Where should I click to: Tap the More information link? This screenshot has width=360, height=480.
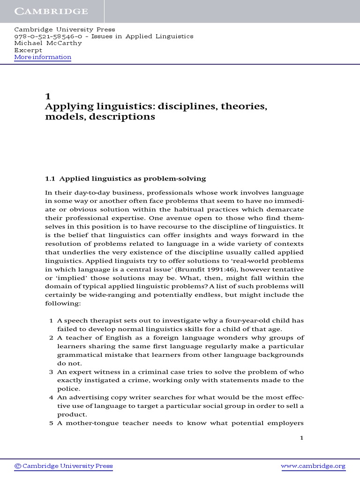point(43,57)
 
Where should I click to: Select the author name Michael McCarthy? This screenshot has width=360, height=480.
point(48,43)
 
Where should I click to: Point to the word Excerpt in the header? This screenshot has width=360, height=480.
point(28,50)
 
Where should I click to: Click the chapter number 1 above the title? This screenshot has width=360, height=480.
point(47,97)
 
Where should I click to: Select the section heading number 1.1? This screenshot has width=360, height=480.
point(50,179)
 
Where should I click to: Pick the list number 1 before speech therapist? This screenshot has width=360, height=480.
point(51,321)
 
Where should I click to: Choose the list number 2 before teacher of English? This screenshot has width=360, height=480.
point(51,337)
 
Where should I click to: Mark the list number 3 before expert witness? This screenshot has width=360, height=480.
point(51,371)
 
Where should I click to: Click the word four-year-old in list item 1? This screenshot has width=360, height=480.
point(243,321)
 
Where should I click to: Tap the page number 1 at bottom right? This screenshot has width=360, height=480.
point(302,438)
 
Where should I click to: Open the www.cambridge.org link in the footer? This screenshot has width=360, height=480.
point(313,466)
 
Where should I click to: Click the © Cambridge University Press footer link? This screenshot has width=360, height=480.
point(64,466)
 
